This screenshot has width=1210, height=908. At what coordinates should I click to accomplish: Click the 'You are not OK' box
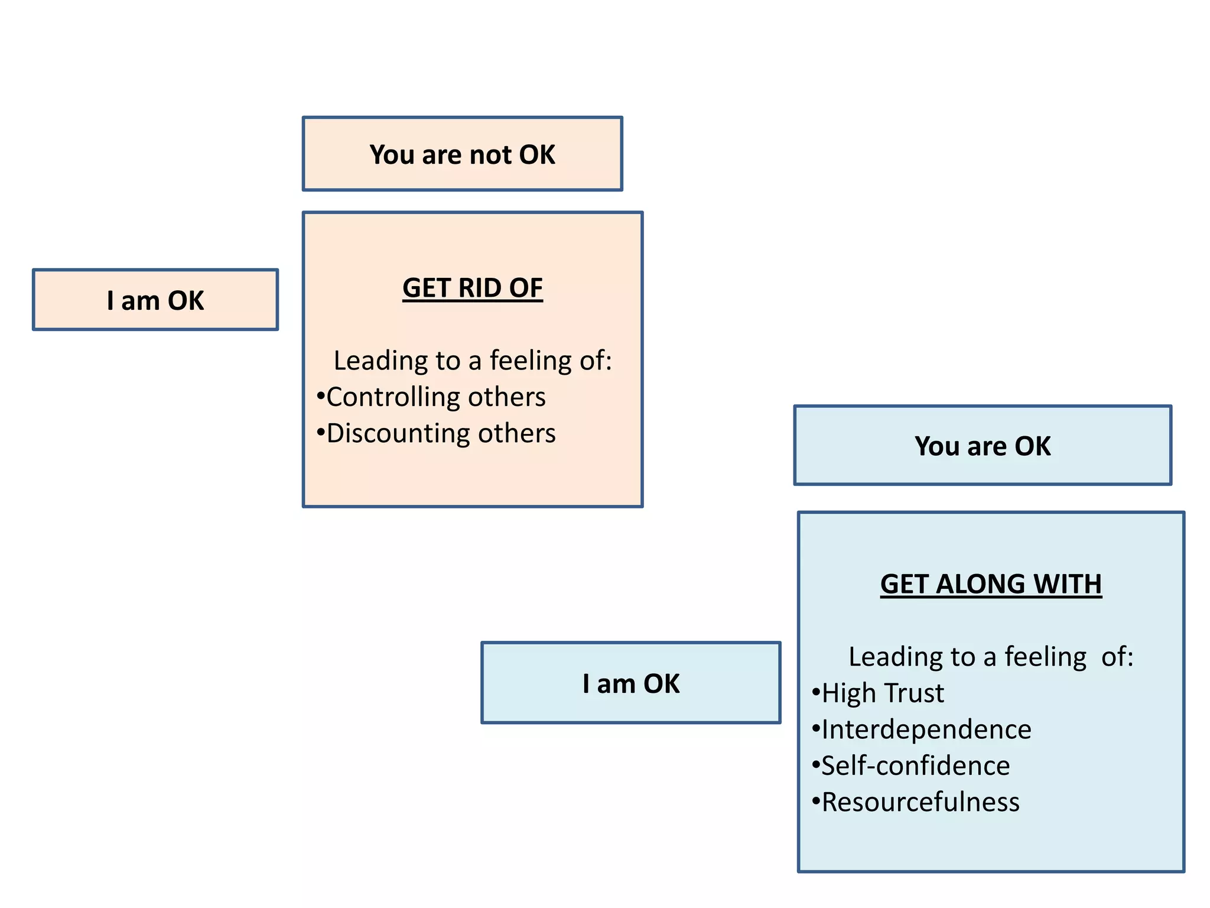[x=462, y=154]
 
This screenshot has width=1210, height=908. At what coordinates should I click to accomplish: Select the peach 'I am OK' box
[x=155, y=300]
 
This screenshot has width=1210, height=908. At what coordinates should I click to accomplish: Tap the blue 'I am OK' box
[x=630, y=683]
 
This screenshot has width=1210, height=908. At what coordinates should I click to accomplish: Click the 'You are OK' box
[x=983, y=446]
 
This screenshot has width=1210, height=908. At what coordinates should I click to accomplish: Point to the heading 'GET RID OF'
[x=473, y=288]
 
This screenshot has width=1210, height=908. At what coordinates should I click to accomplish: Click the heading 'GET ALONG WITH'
[x=991, y=584]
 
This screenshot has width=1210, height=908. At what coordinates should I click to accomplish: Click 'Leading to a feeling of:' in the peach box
[x=473, y=361]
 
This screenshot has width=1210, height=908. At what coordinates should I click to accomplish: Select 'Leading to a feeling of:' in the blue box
[x=991, y=657]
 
